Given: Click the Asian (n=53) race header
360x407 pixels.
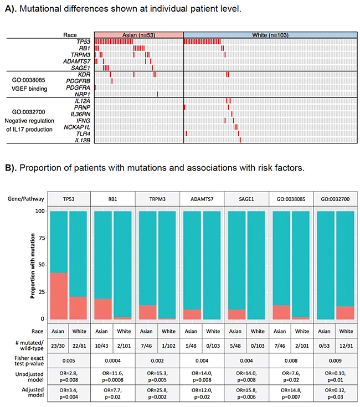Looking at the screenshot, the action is tap(139, 35).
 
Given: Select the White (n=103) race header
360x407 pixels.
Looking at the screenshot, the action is tap(270, 35).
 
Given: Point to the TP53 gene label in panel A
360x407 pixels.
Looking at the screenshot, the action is tap(83, 42).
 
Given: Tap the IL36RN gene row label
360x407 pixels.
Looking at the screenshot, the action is tap(80, 114).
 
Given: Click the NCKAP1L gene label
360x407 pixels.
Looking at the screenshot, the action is tap(77, 127).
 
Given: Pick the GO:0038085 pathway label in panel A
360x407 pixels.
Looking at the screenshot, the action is tap(29, 80).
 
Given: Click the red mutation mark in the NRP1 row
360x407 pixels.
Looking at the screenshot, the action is tap(157, 94).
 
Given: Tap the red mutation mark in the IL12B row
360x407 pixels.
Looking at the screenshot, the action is tap(240, 140).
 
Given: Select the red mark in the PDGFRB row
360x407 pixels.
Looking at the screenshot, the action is tap(112, 81).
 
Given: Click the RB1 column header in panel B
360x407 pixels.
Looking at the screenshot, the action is tap(113, 199).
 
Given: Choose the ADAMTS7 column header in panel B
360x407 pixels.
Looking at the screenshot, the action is tap(202, 199).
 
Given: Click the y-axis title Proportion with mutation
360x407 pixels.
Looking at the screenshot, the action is tap(33, 266).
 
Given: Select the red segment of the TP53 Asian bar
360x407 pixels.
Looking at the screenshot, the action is tap(59, 296).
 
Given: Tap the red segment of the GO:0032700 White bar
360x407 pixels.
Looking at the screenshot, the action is tap(345, 313).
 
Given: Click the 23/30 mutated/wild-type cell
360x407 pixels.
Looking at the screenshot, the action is tap(58, 346).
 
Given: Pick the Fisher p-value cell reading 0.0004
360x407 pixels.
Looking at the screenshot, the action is tap(113, 360).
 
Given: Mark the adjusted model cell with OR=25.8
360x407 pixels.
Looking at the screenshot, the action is tap(157, 393).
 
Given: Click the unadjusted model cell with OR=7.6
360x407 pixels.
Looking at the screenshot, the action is tap(291, 377).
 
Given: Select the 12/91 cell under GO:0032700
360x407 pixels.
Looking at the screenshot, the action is tap(346, 346).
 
